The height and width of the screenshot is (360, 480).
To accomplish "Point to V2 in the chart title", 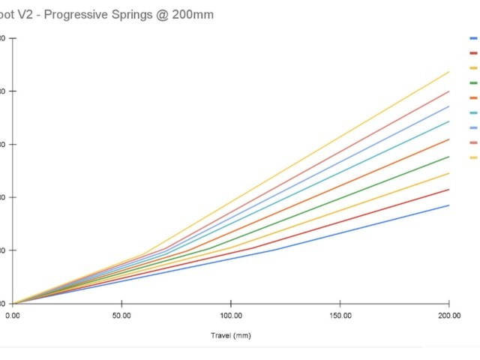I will pos(28,15).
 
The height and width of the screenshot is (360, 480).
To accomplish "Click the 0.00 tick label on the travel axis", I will pos(13,316).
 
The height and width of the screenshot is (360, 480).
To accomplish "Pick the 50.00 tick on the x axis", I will pos(121,316).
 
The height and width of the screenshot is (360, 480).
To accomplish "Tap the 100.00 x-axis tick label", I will pos(231,316).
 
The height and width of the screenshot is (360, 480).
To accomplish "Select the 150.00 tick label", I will pos(340,316).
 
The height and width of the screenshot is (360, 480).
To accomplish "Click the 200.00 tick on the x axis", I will pos(448,316).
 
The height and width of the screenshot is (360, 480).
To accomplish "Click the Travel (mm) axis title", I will pos(230,335).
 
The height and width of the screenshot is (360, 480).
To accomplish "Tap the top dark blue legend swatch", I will pos(473,38).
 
